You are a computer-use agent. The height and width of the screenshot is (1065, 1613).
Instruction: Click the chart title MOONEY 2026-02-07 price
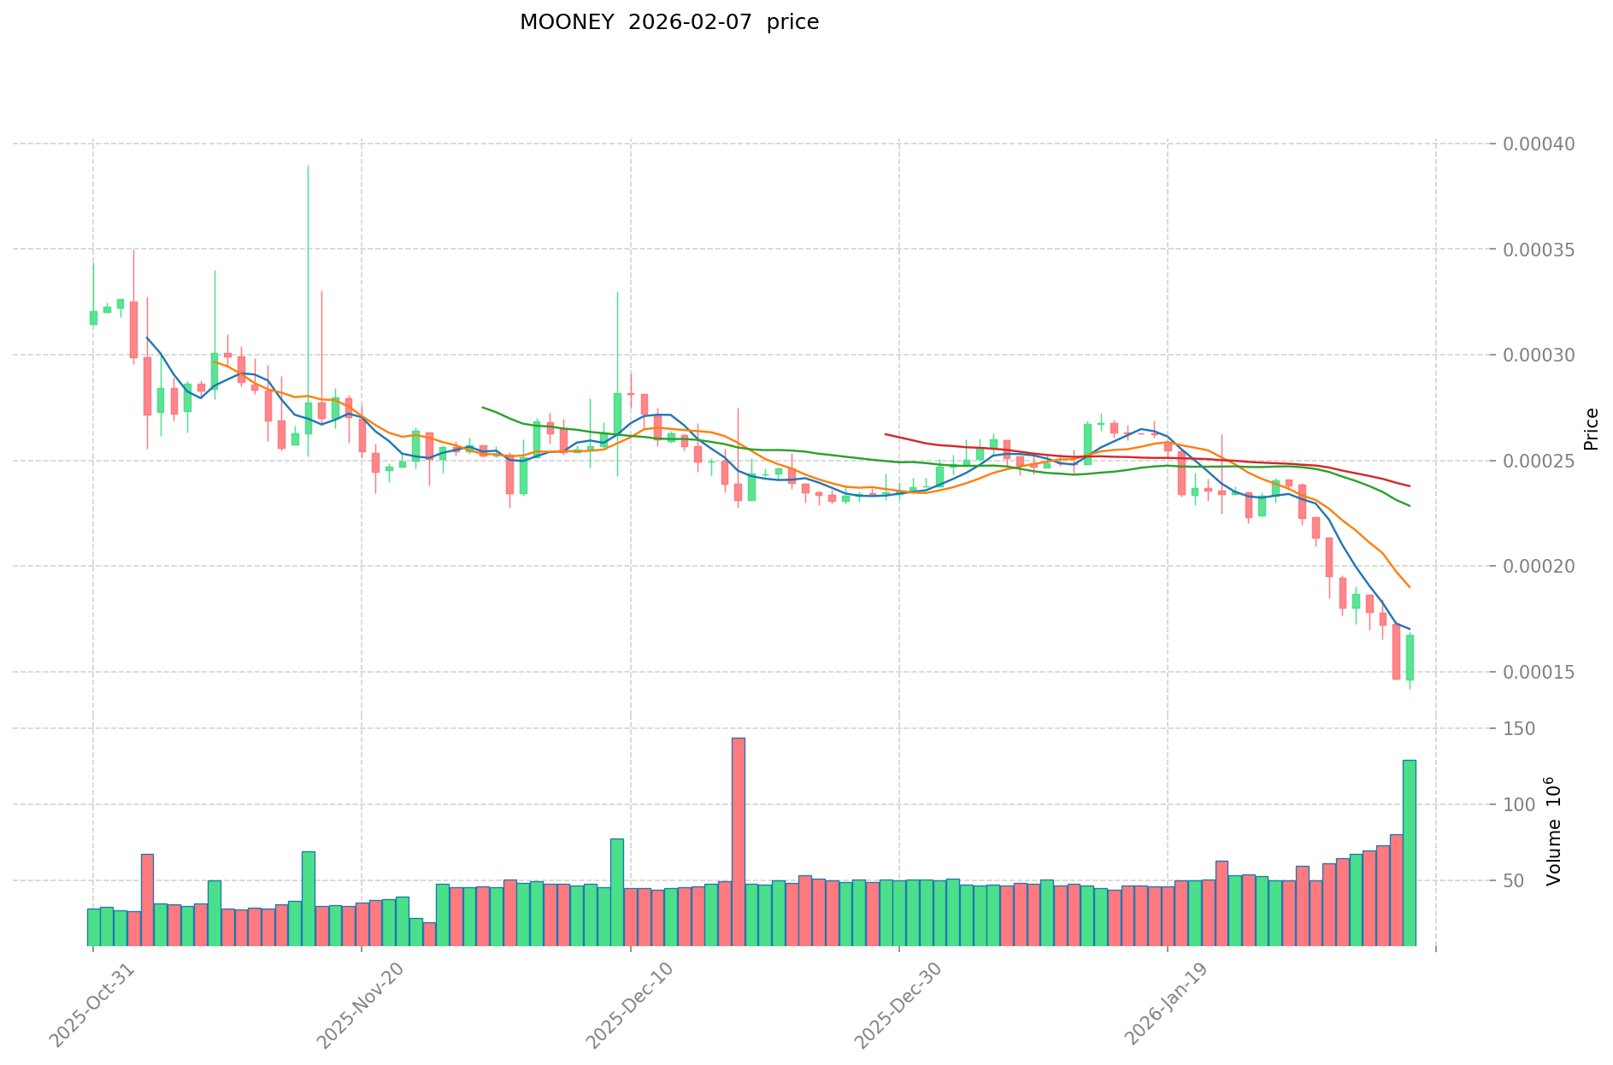click(x=668, y=22)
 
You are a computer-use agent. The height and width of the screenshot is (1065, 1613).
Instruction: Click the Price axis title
click(x=1591, y=429)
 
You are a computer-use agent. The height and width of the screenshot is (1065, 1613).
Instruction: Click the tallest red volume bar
click(x=739, y=841)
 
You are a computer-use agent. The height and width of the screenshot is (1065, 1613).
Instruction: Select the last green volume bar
click(x=1409, y=852)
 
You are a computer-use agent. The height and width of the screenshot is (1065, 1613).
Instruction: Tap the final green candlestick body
click(x=1410, y=657)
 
